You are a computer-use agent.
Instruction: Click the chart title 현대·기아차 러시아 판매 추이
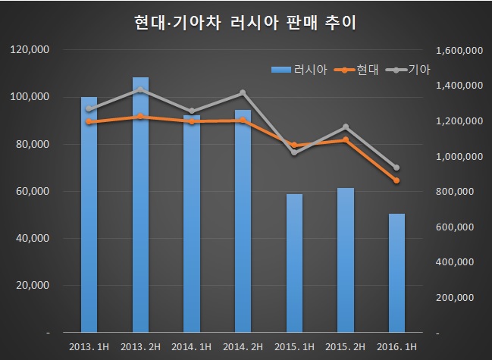tap(246, 23)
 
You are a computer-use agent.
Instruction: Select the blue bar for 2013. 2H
tap(140, 205)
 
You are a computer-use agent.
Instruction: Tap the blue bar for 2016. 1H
tap(396, 273)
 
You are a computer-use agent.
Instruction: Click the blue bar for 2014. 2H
tap(243, 221)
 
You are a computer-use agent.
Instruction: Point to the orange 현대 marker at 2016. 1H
tap(396, 180)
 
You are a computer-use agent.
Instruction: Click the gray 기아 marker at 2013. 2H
tap(140, 89)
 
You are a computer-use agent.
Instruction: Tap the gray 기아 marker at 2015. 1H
tap(294, 152)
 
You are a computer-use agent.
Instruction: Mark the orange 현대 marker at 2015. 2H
tap(346, 139)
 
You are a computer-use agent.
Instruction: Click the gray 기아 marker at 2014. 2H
tap(243, 93)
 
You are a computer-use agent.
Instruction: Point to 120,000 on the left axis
tap(31, 50)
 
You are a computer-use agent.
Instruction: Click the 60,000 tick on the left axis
tap(33, 192)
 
